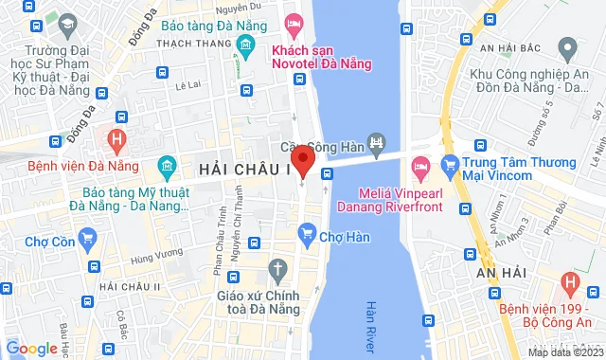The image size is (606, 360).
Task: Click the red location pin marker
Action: point(302,157)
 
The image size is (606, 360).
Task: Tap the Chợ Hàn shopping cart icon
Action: point(307,231)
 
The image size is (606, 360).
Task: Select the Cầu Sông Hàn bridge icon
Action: point(378,144)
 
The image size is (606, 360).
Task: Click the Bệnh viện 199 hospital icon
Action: point(568,282)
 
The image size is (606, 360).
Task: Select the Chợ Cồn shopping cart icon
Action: point(89,239)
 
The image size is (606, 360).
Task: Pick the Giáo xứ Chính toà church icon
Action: point(276,269)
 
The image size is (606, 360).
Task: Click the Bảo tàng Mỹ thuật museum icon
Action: point(167,168)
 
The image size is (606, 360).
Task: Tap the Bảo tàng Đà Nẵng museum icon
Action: point(247,44)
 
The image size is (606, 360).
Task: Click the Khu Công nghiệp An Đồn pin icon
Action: point(568,45)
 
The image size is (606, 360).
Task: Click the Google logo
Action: point(31,349)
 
